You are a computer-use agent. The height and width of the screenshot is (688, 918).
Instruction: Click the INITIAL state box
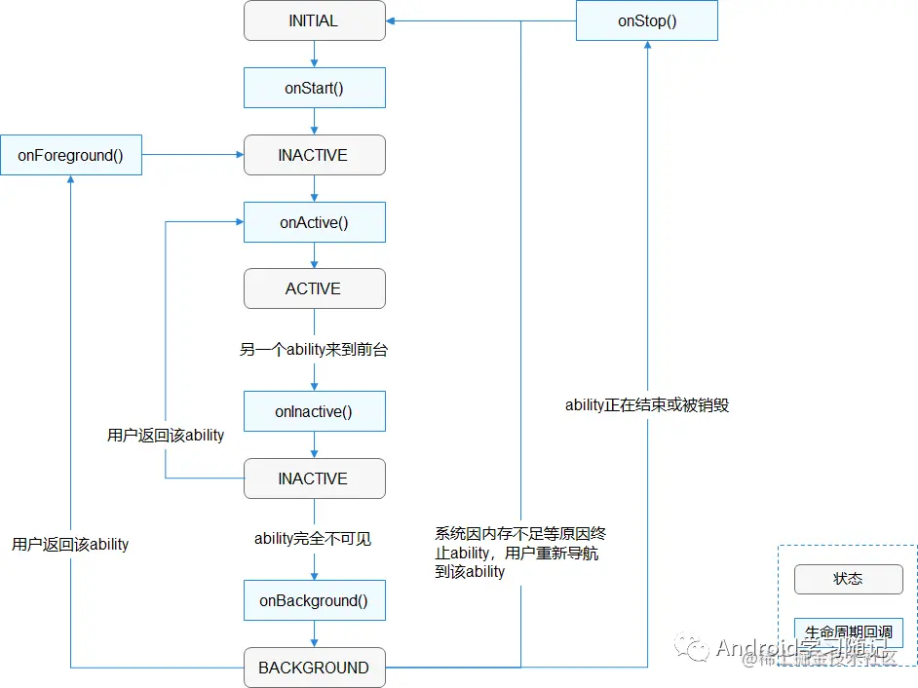coord(314,20)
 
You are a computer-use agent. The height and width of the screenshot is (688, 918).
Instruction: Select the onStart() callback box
coord(314,88)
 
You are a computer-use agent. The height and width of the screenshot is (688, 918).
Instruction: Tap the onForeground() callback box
coord(70,155)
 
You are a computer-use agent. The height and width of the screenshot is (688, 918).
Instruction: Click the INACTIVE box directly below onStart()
coord(314,155)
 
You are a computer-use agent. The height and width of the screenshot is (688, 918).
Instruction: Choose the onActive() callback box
coord(314,222)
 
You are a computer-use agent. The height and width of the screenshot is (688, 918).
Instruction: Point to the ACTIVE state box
coord(314,288)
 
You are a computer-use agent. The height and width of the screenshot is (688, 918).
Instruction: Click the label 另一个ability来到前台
coord(314,349)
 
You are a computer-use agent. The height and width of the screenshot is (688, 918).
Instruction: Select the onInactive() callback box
coord(314,411)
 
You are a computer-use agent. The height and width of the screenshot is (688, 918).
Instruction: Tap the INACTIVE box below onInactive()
coord(314,478)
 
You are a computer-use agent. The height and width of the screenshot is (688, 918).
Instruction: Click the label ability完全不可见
coord(314,538)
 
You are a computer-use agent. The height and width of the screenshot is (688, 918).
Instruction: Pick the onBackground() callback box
coord(314,600)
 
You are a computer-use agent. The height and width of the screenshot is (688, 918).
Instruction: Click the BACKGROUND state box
coord(314,668)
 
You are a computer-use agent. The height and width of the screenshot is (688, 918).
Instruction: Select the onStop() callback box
coord(647,20)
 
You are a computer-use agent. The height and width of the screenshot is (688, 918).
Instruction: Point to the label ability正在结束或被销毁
coord(647,404)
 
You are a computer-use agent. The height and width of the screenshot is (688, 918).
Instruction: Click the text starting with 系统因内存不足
coord(521,553)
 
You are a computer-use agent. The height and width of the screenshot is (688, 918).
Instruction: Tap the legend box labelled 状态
coord(848,578)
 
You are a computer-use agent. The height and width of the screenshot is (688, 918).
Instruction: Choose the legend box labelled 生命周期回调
coord(848,632)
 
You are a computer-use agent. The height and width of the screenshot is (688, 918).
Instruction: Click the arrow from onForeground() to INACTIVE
coord(192,155)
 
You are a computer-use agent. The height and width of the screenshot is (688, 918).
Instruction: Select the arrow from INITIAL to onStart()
coord(314,55)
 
